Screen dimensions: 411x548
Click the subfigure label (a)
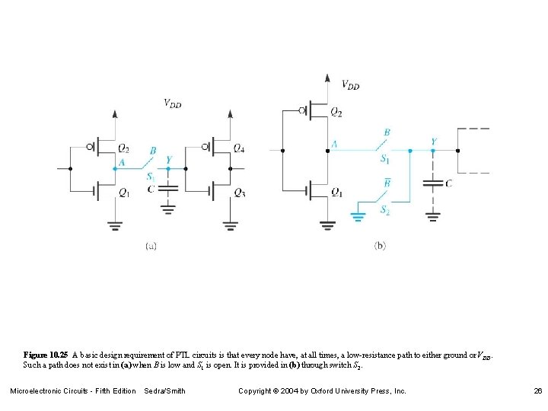(151, 246)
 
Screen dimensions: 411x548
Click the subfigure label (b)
(380, 246)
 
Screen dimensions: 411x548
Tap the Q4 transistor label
(239, 148)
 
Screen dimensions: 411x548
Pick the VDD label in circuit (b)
(350, 85)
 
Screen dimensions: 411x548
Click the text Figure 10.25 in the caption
(46, 355)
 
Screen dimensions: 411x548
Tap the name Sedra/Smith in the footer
(164, 391)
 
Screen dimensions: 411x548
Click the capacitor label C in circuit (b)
(449, 183)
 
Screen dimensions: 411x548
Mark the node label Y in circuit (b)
(433, 142)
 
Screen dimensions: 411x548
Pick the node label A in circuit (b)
(334, 144)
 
